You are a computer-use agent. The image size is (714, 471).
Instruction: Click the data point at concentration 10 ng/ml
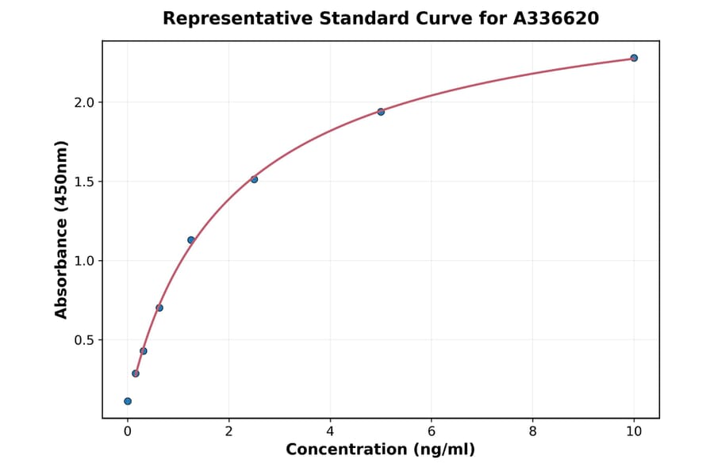point(634,58)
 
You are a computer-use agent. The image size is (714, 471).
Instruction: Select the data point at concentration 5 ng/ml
point(381,112)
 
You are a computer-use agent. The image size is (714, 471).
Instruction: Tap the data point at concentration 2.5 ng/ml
point(254,179)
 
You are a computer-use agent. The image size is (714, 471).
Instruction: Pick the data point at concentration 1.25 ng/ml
point(191,240)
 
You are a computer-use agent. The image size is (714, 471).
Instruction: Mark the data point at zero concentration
point(128,401)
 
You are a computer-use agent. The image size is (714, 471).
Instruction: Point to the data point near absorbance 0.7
point(159,308)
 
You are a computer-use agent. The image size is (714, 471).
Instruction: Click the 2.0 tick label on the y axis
point(84,102)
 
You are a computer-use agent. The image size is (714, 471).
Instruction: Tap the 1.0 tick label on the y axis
point(84,261)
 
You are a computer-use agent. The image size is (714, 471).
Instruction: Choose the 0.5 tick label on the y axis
point(84,340)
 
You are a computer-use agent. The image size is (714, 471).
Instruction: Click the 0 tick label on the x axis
point(128,431)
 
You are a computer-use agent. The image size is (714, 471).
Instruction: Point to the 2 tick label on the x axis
point(229,431)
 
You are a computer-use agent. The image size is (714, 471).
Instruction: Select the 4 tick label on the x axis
point(330,431)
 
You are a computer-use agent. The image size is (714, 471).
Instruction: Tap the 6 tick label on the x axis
point(432,431)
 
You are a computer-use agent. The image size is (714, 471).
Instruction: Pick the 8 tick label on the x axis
point(532,431)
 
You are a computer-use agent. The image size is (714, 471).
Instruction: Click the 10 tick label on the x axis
point(634,431)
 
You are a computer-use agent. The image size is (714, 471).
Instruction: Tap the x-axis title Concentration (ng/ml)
point(381,450)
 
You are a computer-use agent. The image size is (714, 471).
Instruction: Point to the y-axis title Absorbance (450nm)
point(62,229)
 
